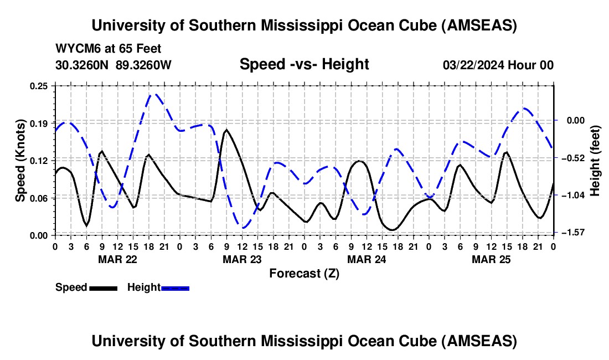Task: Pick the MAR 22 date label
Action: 117,259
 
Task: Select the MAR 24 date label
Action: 366,259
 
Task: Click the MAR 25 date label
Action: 491,259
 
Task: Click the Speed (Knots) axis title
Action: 20,160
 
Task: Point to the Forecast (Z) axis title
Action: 304,273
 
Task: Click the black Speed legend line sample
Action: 103,288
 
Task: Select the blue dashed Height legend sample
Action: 176,288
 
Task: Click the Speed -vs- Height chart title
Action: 304,64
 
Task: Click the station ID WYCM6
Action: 74,49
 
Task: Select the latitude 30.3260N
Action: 83,65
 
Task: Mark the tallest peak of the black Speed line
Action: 226,130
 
